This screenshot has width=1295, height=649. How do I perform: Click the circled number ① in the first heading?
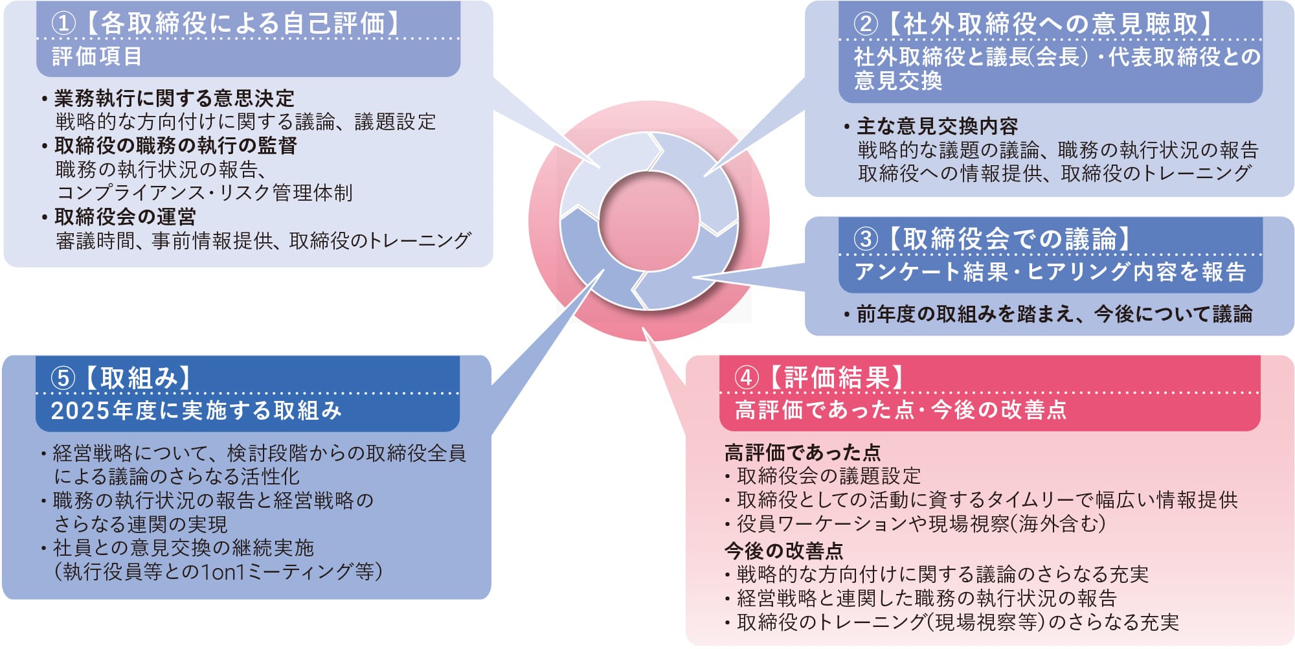point(63,24)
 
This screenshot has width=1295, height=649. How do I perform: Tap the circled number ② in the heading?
point(865,24)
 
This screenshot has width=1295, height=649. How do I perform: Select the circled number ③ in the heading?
point(865,239)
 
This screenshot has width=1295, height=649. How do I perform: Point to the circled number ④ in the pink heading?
point(746,378)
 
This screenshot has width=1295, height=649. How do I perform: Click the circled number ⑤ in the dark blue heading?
point(63,378)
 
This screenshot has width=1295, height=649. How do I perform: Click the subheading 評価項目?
point(96,56)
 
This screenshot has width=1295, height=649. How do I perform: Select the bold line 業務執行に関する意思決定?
point(174,98)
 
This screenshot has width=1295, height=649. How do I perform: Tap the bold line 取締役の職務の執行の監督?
point(175,145)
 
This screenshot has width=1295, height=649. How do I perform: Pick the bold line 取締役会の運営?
point(125,216)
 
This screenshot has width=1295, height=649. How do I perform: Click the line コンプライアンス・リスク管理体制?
point(205,192)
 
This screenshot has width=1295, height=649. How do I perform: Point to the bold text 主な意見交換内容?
point(937,126)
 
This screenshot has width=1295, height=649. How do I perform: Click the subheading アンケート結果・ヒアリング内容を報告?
point(1050,271)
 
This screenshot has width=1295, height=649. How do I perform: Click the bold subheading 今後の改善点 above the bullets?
point(783,551)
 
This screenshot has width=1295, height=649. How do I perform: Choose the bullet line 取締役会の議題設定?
point(828,476)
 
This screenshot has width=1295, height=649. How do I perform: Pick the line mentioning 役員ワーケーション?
point(920,523)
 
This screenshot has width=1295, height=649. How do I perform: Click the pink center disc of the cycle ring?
point(649,220)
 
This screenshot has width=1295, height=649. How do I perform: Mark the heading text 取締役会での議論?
point(1009,239)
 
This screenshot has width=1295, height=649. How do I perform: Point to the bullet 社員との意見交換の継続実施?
point(183,548)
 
